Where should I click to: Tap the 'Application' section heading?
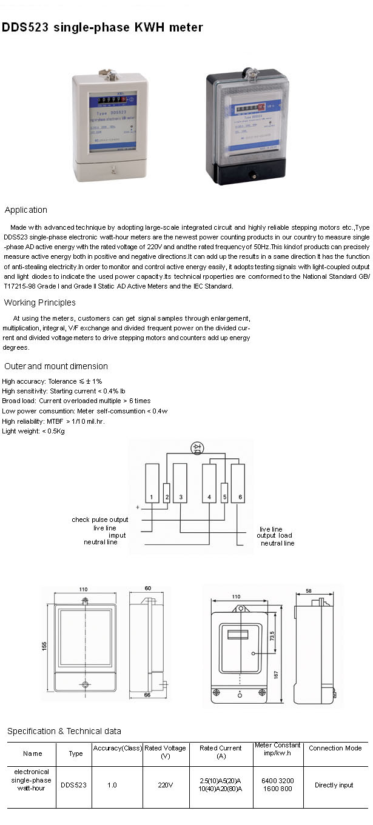[25, 210]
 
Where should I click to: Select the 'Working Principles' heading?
[40, 302]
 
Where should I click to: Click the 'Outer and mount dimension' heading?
[56, 366]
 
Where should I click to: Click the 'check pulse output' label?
[100, 519]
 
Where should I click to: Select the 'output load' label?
[274, 535]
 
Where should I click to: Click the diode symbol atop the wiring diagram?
[197, 448]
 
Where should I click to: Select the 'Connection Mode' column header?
[335, 748]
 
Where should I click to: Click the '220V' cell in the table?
[166, 785]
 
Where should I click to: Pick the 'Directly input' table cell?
[334, 785]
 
